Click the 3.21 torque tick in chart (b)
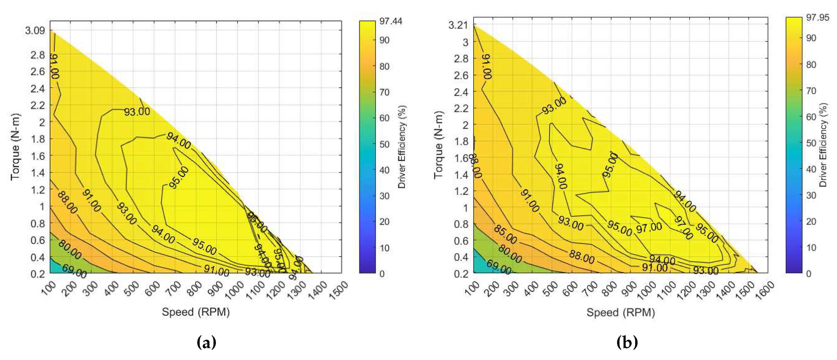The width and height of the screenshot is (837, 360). tap(458, 25)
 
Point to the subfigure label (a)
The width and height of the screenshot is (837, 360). tap(206, 342)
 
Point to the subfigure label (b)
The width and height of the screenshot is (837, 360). tap(627, 342)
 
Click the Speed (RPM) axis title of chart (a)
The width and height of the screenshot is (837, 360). tap(196, 312)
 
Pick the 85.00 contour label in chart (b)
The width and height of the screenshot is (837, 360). tap(505, 234)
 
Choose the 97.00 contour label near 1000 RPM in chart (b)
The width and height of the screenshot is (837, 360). tap(649, 228)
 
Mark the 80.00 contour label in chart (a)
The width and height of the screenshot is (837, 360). tap(70, 249)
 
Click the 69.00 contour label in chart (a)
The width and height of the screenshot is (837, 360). tap(74, 271)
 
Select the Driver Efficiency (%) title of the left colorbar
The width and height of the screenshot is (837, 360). tap(402, 147)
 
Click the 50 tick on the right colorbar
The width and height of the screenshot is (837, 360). tap(811, 143)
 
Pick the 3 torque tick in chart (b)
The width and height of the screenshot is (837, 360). tap(465, 42)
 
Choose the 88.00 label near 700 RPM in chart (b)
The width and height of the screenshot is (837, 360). tap(582, 258)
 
